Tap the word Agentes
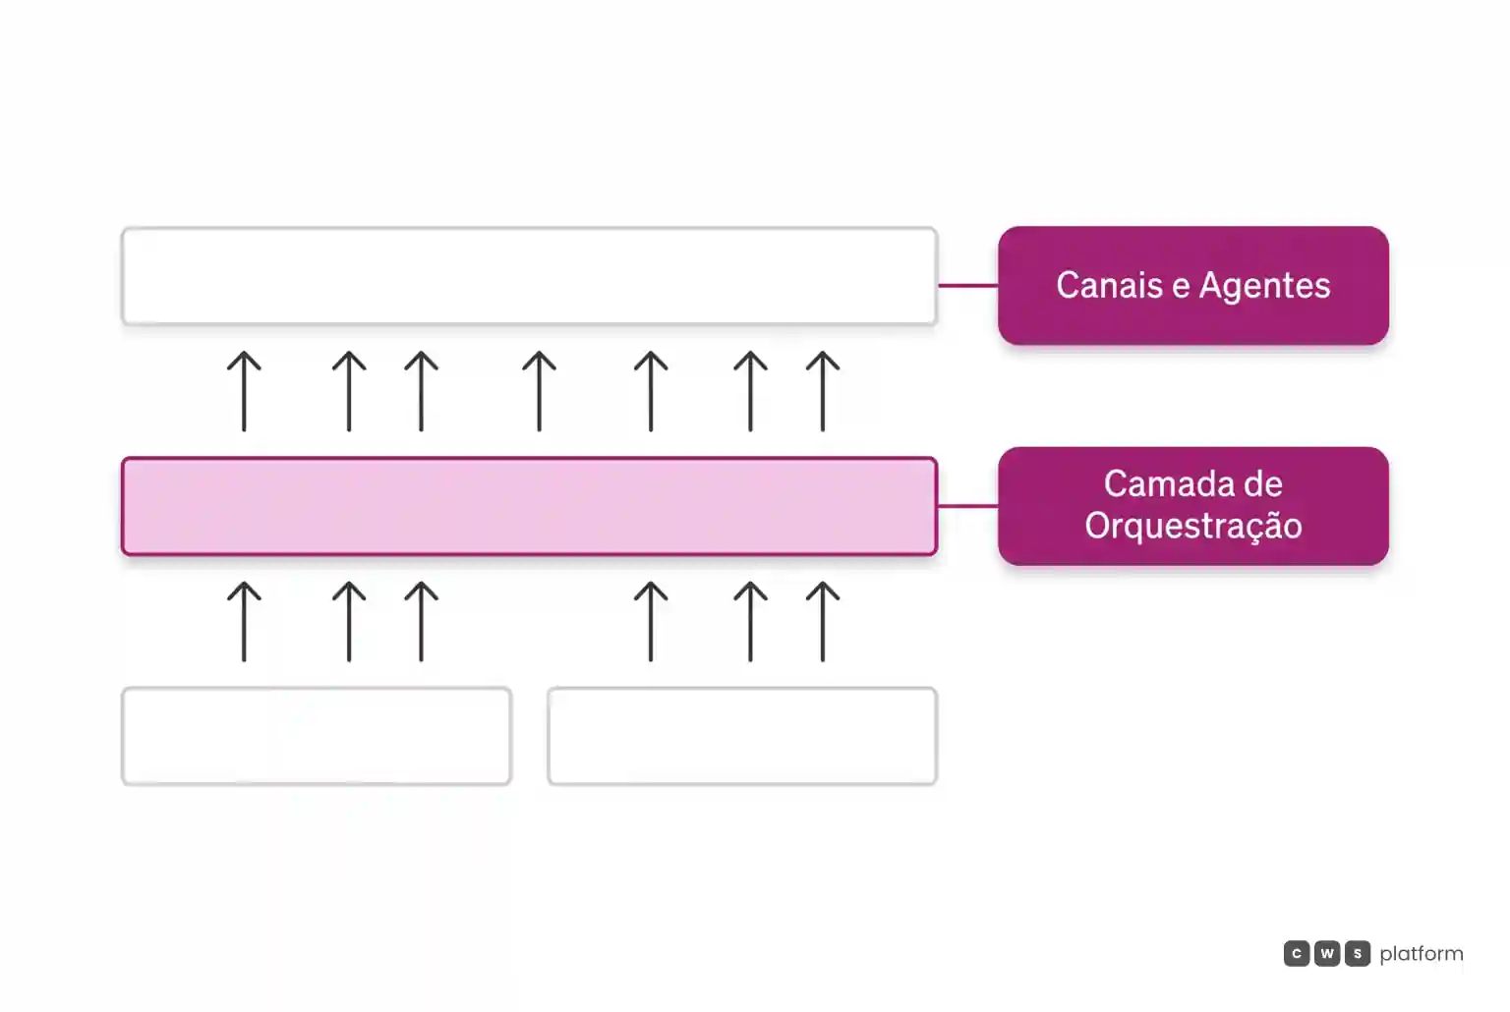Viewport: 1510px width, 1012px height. (x=1264, y=286)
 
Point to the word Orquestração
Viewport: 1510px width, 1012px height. (x=1193, y=527)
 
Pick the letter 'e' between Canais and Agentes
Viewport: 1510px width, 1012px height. (x=1181, y=288)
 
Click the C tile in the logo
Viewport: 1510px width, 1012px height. (x=1297, y=953)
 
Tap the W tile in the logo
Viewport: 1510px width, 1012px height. (x=1326, y=953)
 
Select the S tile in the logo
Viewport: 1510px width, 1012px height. (x=1358, y=953)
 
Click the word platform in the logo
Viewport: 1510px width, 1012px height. (x=1421, y=954)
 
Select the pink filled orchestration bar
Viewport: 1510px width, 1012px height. (x=529, y=506)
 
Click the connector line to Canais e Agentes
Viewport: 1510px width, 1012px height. (x=968, y=286)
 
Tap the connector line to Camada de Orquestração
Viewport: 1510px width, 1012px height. (x=968, y=506)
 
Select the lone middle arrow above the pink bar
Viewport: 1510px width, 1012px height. (x=540, y=391)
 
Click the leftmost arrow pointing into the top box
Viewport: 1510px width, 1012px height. (x=244, y=391)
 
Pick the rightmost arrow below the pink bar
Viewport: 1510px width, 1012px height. (x=823, y=621)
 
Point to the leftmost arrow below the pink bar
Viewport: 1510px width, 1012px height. (x=244, y=621)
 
